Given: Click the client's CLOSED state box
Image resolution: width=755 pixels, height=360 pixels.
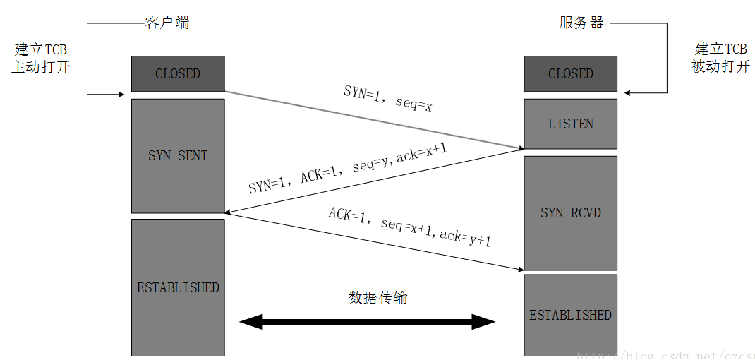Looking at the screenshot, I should [178, 73].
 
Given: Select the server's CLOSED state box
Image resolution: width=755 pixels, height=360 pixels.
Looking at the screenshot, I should [570, 73].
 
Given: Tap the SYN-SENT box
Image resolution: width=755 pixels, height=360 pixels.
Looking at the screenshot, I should [178, 155].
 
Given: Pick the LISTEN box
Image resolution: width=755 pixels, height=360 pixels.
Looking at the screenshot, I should [570, 124].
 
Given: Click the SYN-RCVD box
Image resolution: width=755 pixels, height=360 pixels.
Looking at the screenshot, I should [570, 212].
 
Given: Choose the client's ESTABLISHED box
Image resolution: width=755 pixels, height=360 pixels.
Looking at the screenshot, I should [178, 287].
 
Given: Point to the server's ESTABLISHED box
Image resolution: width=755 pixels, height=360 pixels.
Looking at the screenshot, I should [570, 315].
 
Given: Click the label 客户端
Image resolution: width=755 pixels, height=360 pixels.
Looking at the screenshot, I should [167, 23].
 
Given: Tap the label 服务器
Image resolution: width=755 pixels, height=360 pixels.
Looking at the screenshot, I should [581, 23].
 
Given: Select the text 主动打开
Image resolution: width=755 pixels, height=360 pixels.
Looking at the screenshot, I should [41, 68].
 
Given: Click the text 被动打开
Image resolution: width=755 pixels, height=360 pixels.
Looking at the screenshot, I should [720, 68].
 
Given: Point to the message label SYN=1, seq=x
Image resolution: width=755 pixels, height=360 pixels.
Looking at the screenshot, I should [387, 100].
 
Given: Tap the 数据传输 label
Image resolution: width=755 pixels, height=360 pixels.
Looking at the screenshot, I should [377, 298].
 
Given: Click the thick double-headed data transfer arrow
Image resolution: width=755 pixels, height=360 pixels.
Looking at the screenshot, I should [367, 323].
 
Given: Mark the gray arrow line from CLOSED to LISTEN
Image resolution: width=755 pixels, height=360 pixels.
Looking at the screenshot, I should [374, 120].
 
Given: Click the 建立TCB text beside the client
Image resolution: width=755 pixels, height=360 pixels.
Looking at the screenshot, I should [41, 49].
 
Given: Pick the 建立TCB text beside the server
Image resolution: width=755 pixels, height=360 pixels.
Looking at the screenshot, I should [720, 49].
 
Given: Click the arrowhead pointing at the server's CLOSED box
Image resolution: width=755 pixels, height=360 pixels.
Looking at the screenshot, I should [628, 93].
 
